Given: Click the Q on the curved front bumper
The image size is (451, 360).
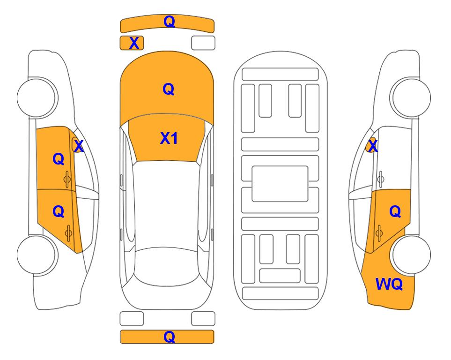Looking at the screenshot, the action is tap(169, 22).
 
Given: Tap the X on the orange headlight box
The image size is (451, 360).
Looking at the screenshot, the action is tap(134, 43).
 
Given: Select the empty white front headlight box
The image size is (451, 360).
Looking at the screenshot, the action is tap(203, 43).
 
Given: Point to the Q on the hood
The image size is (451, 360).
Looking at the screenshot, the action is tap(169, 89).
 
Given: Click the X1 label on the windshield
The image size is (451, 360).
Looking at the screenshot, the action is tap(169, 138).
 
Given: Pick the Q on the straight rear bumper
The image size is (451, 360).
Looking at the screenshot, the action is tap(169, 337).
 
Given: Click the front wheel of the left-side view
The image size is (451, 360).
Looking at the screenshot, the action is tap(37, 97).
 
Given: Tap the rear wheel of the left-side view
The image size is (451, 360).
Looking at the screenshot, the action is tap(37, 255).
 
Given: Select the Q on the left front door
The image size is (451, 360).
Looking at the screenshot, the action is tap(59, 159).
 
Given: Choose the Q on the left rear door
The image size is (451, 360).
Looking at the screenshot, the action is tap(59, 212).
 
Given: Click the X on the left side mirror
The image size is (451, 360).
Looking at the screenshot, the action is tap(78, 146).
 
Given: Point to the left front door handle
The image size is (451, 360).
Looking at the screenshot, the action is tap(67, 180).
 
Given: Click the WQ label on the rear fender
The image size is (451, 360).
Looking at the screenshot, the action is tap(389, 284).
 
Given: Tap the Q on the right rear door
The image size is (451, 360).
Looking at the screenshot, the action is tap(395, 212).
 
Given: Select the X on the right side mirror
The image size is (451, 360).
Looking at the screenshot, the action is tap(373, 146).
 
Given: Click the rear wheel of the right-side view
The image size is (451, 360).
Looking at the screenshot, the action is tap(411, 255).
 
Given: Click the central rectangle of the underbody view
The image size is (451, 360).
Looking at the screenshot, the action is tap(280, 184).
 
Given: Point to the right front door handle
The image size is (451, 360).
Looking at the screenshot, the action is tap(381, 179).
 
